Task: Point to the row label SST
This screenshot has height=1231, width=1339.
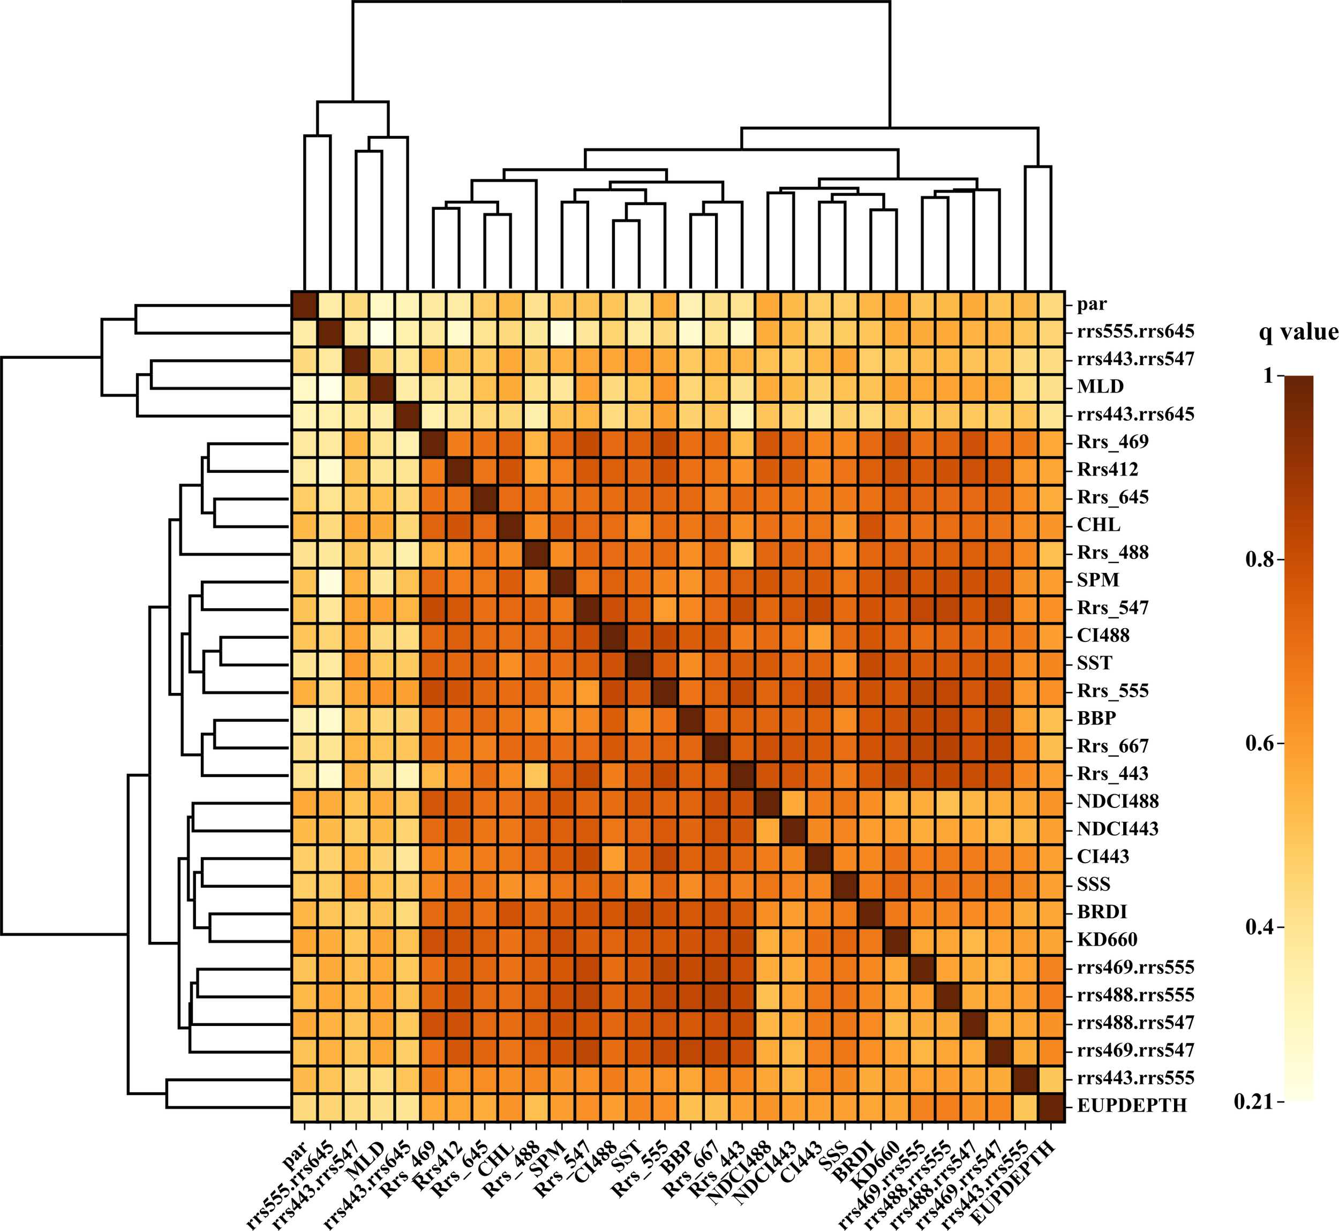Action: [x=1095, y=663]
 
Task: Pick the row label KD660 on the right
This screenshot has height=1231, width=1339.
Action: [x=1107, y=940]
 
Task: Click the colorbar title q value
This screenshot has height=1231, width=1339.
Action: [x=1298, y=332]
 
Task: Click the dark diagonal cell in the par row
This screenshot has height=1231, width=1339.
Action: [x=304, y=305]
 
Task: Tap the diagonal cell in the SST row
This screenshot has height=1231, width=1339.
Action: [x=640, y=663]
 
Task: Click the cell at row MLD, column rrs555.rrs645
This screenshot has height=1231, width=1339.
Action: [x=330, y=387]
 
